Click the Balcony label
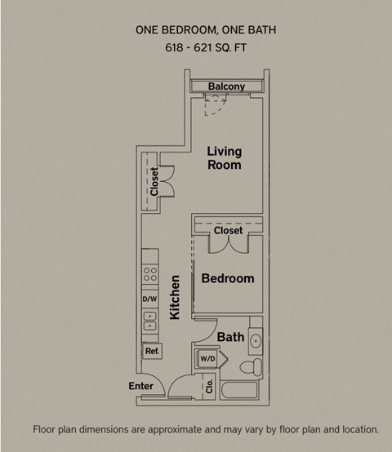pos(226,86)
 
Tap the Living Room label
pos(224,157)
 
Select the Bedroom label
pos(228,278)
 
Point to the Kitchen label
pos(175,296)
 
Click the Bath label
pos(230,336)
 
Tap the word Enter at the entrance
pos(141,386)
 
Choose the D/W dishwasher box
pos(149,299)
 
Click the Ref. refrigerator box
pos(152,351)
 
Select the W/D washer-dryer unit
pos(207,358)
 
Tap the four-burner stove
pos(150,273)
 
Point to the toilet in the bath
pos(253,364)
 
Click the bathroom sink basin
pos(255,340)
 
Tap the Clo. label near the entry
pos(209,384)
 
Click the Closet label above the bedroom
pos(228,231)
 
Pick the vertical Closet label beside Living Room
pos(154,180)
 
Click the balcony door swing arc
pos(213,101)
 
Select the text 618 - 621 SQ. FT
pos(205,49)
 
